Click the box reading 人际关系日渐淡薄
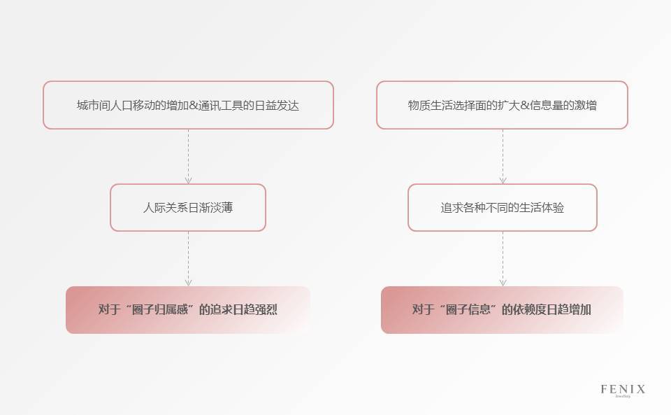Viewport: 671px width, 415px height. tap(187, 208)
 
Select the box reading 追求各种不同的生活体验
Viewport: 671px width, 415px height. tap(502, 208)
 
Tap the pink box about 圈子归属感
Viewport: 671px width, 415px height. tap(187, 309)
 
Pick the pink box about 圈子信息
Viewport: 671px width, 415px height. tap(502, 309)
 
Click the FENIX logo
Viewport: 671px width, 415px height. tap(623, 390)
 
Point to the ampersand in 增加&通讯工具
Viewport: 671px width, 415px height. tap(193, 106)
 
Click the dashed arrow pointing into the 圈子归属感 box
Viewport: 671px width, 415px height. tap(188, 258)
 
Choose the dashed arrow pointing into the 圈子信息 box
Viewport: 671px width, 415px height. tap(503, 258)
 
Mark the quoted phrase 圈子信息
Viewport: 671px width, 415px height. tap(470, 309)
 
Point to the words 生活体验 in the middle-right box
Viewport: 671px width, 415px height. tap(540, 208)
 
